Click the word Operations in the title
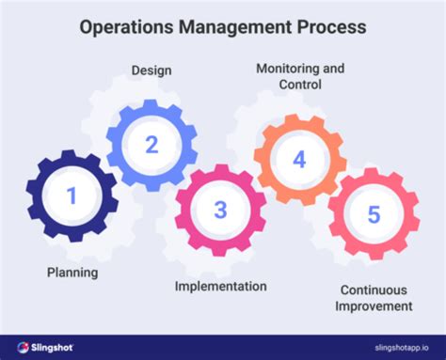124,27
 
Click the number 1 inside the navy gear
71,196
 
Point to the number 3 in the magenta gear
220,209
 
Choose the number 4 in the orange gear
299,159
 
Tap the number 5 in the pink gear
374,215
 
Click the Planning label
72,273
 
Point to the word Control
299,85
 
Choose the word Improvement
375,305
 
